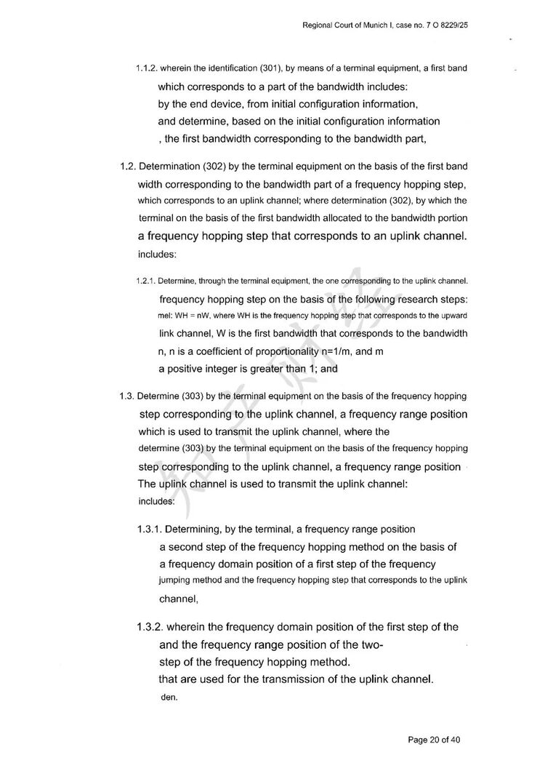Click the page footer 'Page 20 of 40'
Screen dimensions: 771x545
[x=434, y=740]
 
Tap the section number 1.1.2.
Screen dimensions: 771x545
[x=146, y=68]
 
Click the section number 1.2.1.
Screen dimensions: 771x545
[x=145, y=280]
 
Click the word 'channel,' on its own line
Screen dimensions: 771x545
[x=179, y=599]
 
